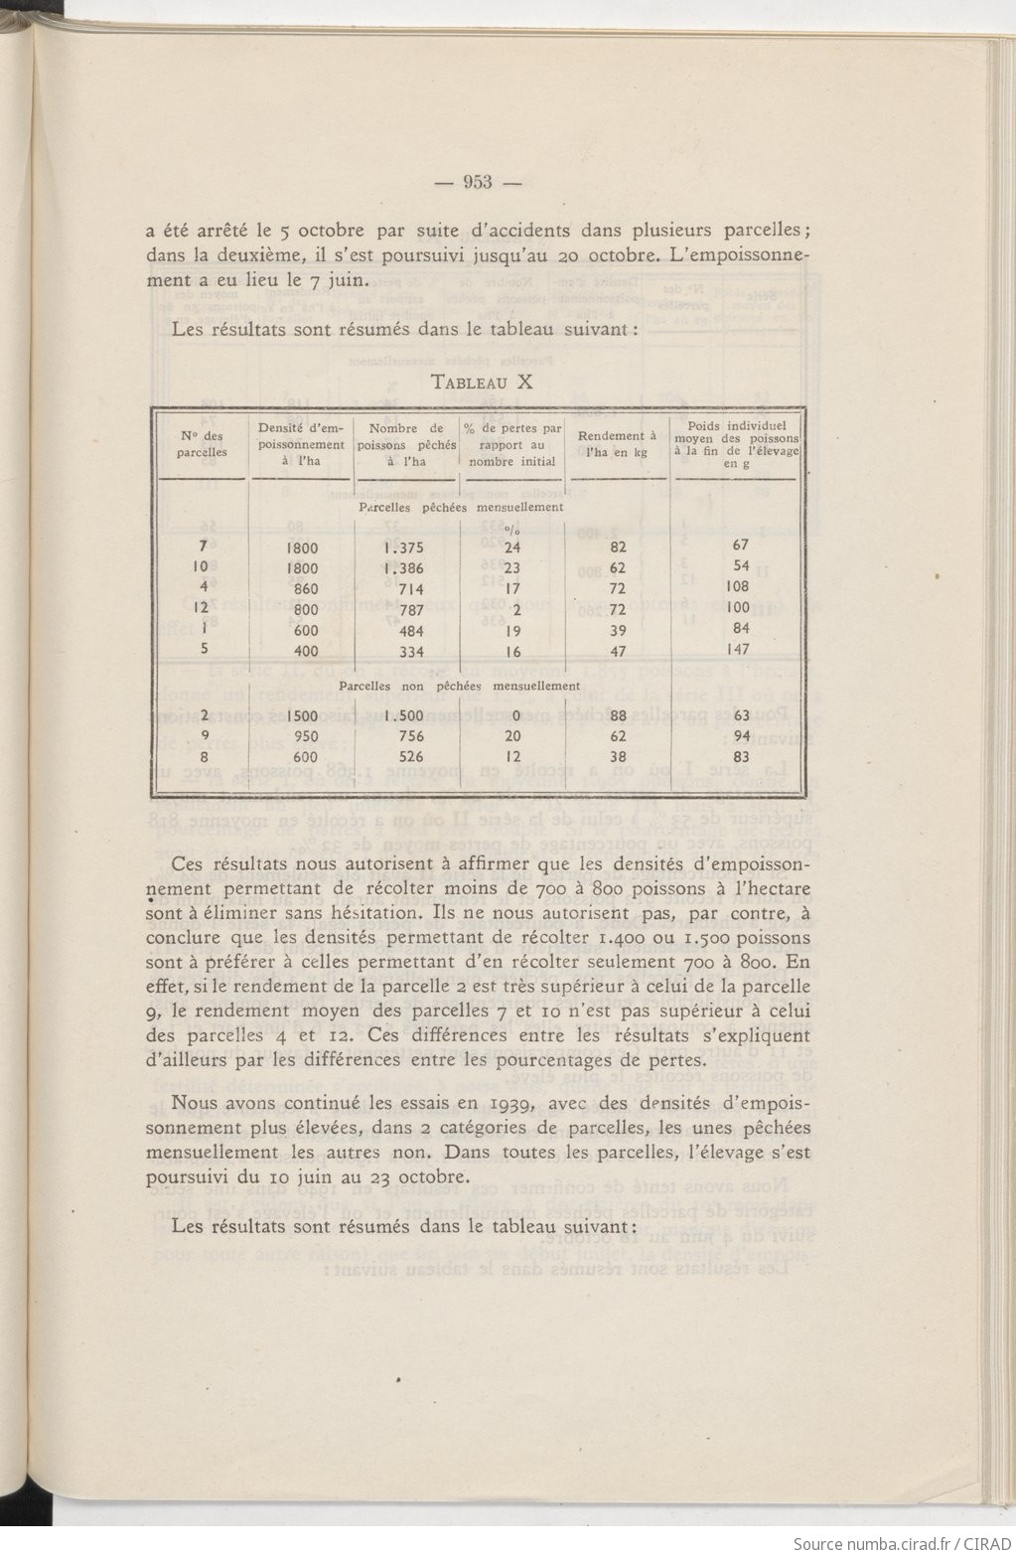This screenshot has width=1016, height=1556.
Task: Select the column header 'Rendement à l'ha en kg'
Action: click(617, 444)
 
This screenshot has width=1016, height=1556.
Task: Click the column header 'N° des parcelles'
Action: click(203, 444)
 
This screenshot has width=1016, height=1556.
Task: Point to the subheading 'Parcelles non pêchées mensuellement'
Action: click(459, 686)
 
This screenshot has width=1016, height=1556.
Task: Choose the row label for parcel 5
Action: click(203, 651)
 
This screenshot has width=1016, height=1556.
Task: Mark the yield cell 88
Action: click(617, 715)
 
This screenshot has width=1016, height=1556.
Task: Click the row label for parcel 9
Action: click(203, 736)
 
